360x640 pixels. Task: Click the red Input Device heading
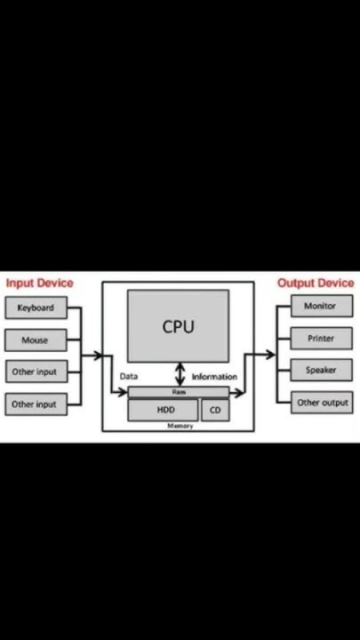click(39, 283)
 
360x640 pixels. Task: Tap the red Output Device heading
click(316, 283)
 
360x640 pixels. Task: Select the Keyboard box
click(36, 308)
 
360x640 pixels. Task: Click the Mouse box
click(36, 340)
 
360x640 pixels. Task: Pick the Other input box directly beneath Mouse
click(36, 372)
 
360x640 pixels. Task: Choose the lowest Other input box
click(36, 404)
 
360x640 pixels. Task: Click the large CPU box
click(178, 326)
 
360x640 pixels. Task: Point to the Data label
click(129, 376)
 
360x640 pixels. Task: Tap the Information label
click(214, 376)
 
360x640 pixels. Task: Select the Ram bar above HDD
click(178, 391)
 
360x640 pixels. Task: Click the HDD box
click(164, 410)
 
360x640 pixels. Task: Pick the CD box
click(214, 410)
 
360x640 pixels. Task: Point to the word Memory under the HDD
click(180, 426)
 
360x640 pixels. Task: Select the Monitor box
click(321, 307)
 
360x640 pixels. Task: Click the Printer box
click(321, 339)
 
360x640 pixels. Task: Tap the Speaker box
click(321, 371)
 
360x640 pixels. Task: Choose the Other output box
click(321, 403)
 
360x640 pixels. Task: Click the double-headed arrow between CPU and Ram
click(181, 373)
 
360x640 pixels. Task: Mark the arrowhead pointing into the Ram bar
click(124, 392)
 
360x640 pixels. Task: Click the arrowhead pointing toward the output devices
click(272, 355)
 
